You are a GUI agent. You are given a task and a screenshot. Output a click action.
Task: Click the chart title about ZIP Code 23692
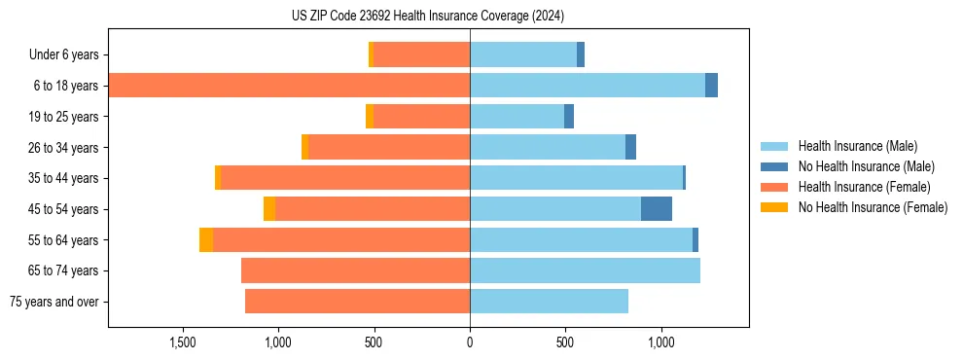427,17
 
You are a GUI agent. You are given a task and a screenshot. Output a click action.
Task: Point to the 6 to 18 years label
66,86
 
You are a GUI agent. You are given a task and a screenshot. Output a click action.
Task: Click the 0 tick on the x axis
470,342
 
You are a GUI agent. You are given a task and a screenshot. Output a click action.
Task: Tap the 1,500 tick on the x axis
183,342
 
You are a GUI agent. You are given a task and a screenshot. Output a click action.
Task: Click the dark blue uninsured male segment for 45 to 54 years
657,209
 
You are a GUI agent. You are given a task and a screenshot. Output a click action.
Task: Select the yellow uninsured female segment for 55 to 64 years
206,240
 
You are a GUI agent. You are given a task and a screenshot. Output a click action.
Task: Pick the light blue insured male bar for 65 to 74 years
585,270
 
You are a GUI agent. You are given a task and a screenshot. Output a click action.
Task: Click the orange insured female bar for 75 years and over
357,302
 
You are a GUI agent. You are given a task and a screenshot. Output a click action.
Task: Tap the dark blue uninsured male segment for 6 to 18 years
711,86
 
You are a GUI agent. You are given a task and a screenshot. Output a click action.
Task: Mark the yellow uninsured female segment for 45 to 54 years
269,209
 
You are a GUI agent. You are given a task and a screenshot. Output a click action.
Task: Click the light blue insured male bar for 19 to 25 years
517,117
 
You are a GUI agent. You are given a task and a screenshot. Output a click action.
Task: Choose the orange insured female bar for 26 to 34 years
389,148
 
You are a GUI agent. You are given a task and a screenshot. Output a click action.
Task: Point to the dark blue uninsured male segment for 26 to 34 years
630,148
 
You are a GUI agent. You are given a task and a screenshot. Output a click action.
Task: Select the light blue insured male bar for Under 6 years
523,55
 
